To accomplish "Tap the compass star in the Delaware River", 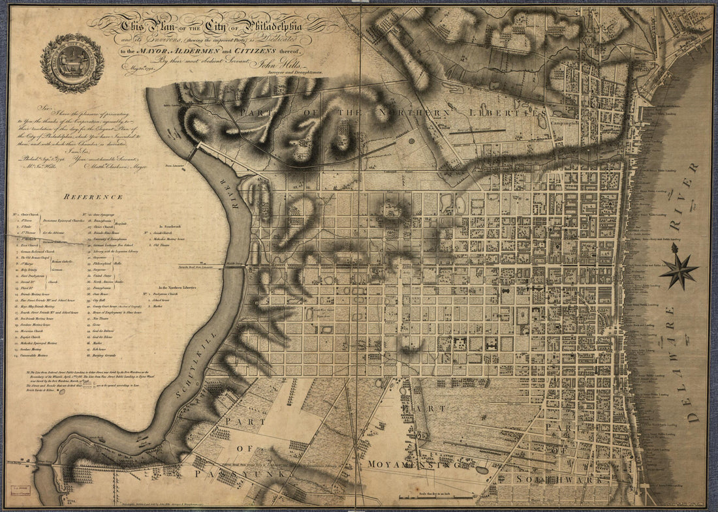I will click(x=678, y=268).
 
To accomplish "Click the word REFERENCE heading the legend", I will click(x=93, y=196).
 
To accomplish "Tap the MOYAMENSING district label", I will click(x=410, y=464).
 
